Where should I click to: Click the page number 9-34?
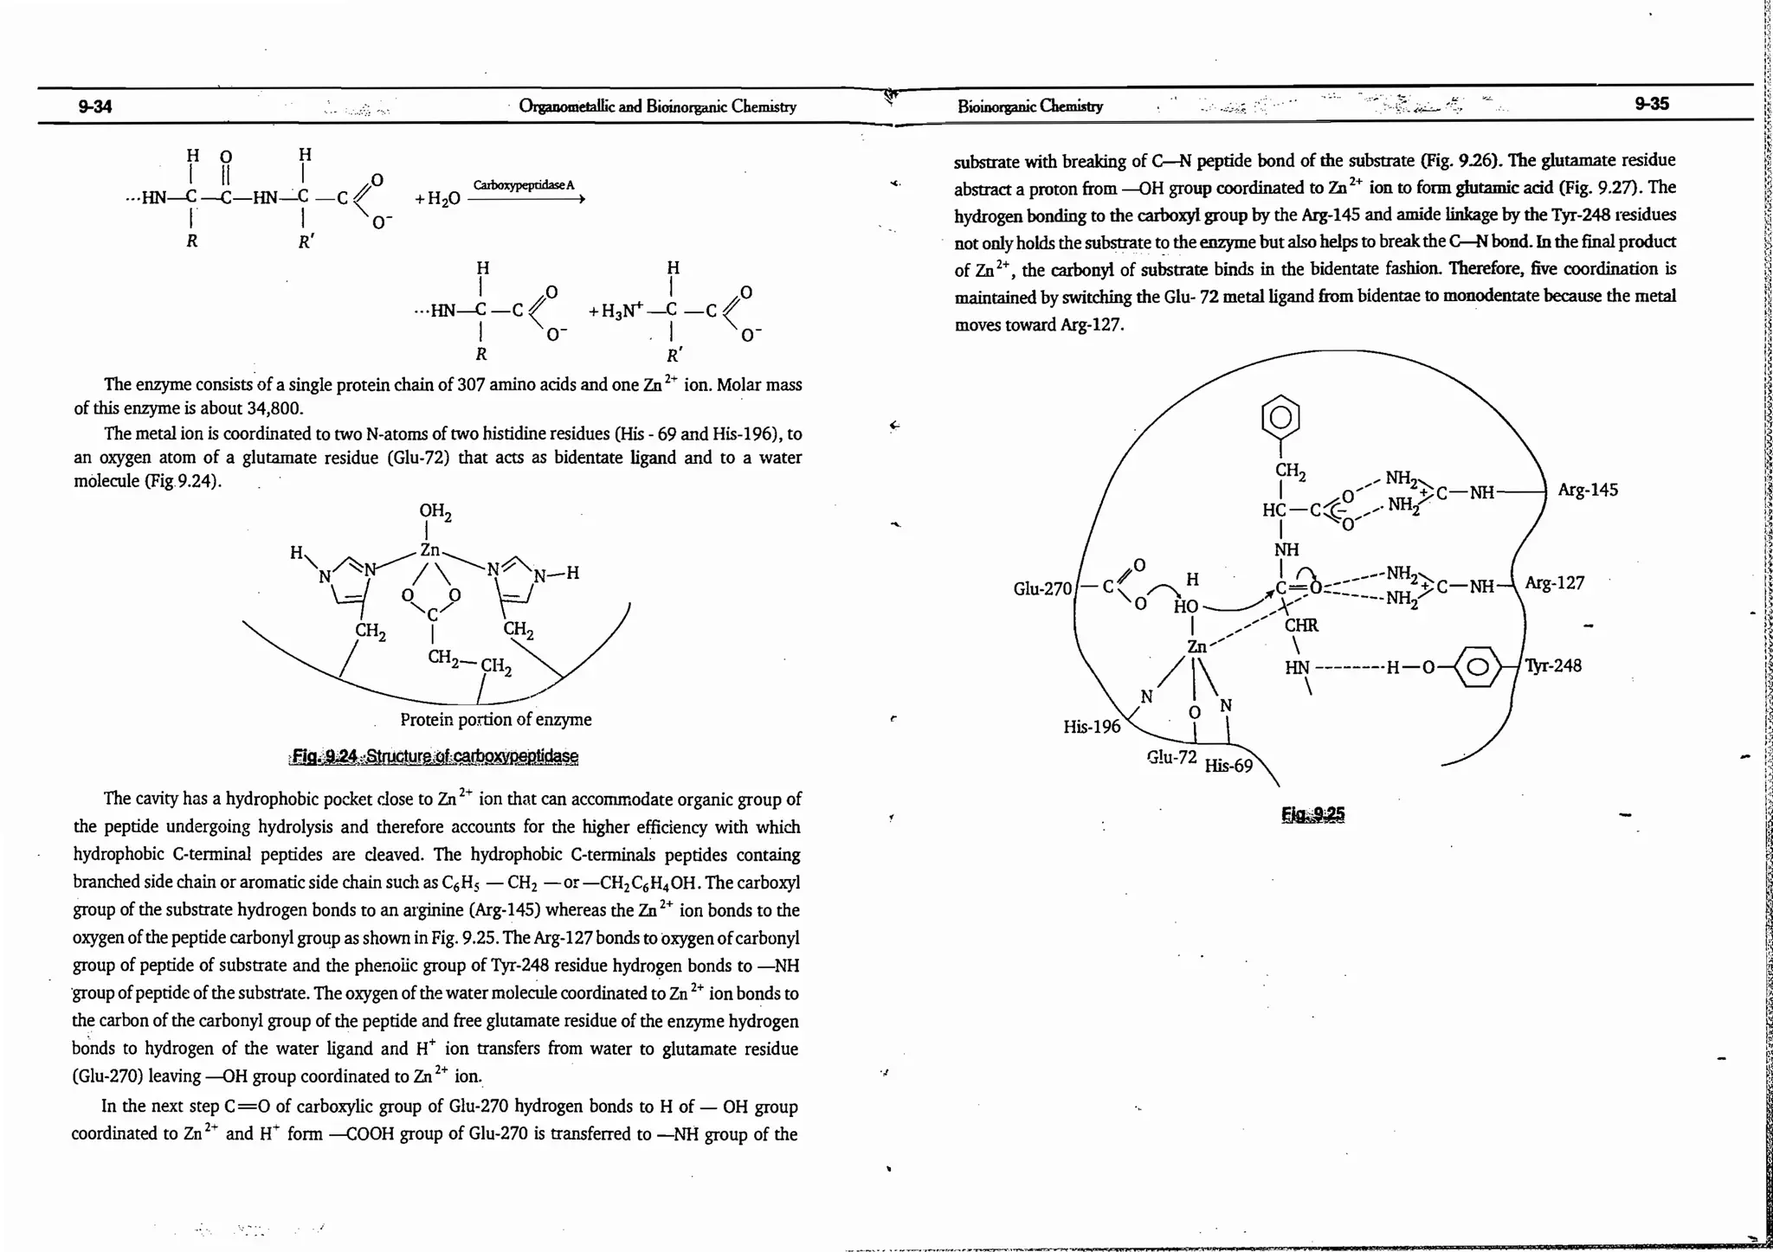[95, 107]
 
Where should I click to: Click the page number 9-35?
[1651, 104]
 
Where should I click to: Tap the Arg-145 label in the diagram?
[1587, 491]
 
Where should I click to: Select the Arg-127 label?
[1554, 583]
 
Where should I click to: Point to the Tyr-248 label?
[1553, 665]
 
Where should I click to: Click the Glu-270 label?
[1042, 589]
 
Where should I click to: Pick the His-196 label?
[1092, 727]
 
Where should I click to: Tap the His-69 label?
[1228, 766]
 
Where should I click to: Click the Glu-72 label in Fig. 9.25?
[1171, 758]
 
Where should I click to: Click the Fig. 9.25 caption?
[1313, 814]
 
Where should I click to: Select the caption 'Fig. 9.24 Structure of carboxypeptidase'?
[435, 756]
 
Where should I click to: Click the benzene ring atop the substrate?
[1282, 419]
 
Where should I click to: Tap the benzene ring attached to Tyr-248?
[1480, 667]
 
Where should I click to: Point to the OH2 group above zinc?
[435, 511]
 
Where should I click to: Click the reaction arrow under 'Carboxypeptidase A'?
[525, 199]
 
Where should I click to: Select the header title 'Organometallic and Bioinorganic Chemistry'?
[657, 106]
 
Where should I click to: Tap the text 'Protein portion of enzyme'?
[495, 720]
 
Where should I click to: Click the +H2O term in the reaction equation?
[437, 199]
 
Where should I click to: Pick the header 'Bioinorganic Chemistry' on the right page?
[1030, 106]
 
